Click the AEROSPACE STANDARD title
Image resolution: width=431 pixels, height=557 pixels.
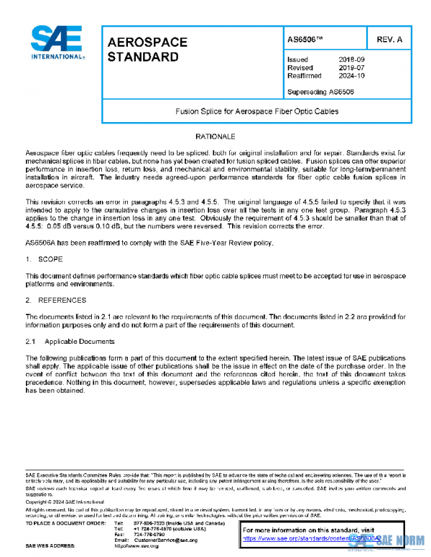pyautogui.click(x=147, y=49)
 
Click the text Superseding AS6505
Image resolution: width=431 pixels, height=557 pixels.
pyautogui.click(x=320, y=91)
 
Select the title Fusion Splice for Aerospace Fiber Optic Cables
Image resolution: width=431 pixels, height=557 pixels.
pyautogui.click(x=256, y=112)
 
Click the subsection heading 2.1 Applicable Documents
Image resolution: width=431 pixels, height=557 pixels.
pyautogui.click(x=69, y=341)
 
